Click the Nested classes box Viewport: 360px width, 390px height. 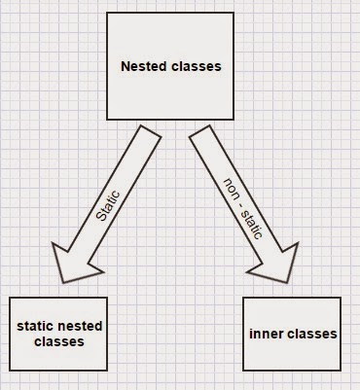click(170, 67)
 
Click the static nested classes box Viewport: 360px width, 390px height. click(62, 334)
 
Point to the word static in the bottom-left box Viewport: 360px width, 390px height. click(36, 326)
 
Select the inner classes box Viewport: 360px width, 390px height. click(291, 334)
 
